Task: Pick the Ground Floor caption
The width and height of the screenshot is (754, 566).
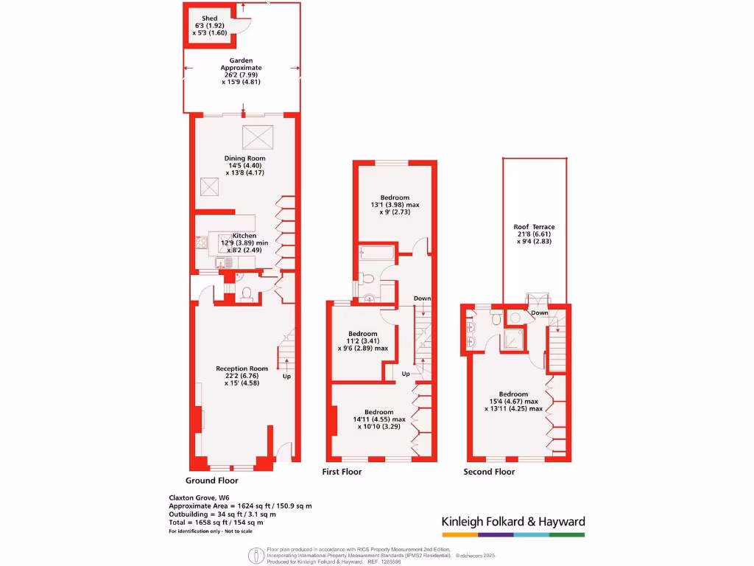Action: tap(210, 481)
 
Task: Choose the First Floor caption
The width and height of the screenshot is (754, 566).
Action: tap(342, 472)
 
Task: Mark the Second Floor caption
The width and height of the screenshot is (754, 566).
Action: tap(489, 472)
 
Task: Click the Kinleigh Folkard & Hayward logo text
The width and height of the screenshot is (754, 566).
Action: tap(513, 522)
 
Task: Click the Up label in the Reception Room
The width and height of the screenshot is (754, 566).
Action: tap(287, 376)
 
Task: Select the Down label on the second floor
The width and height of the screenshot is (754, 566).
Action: tap(540, 312)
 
